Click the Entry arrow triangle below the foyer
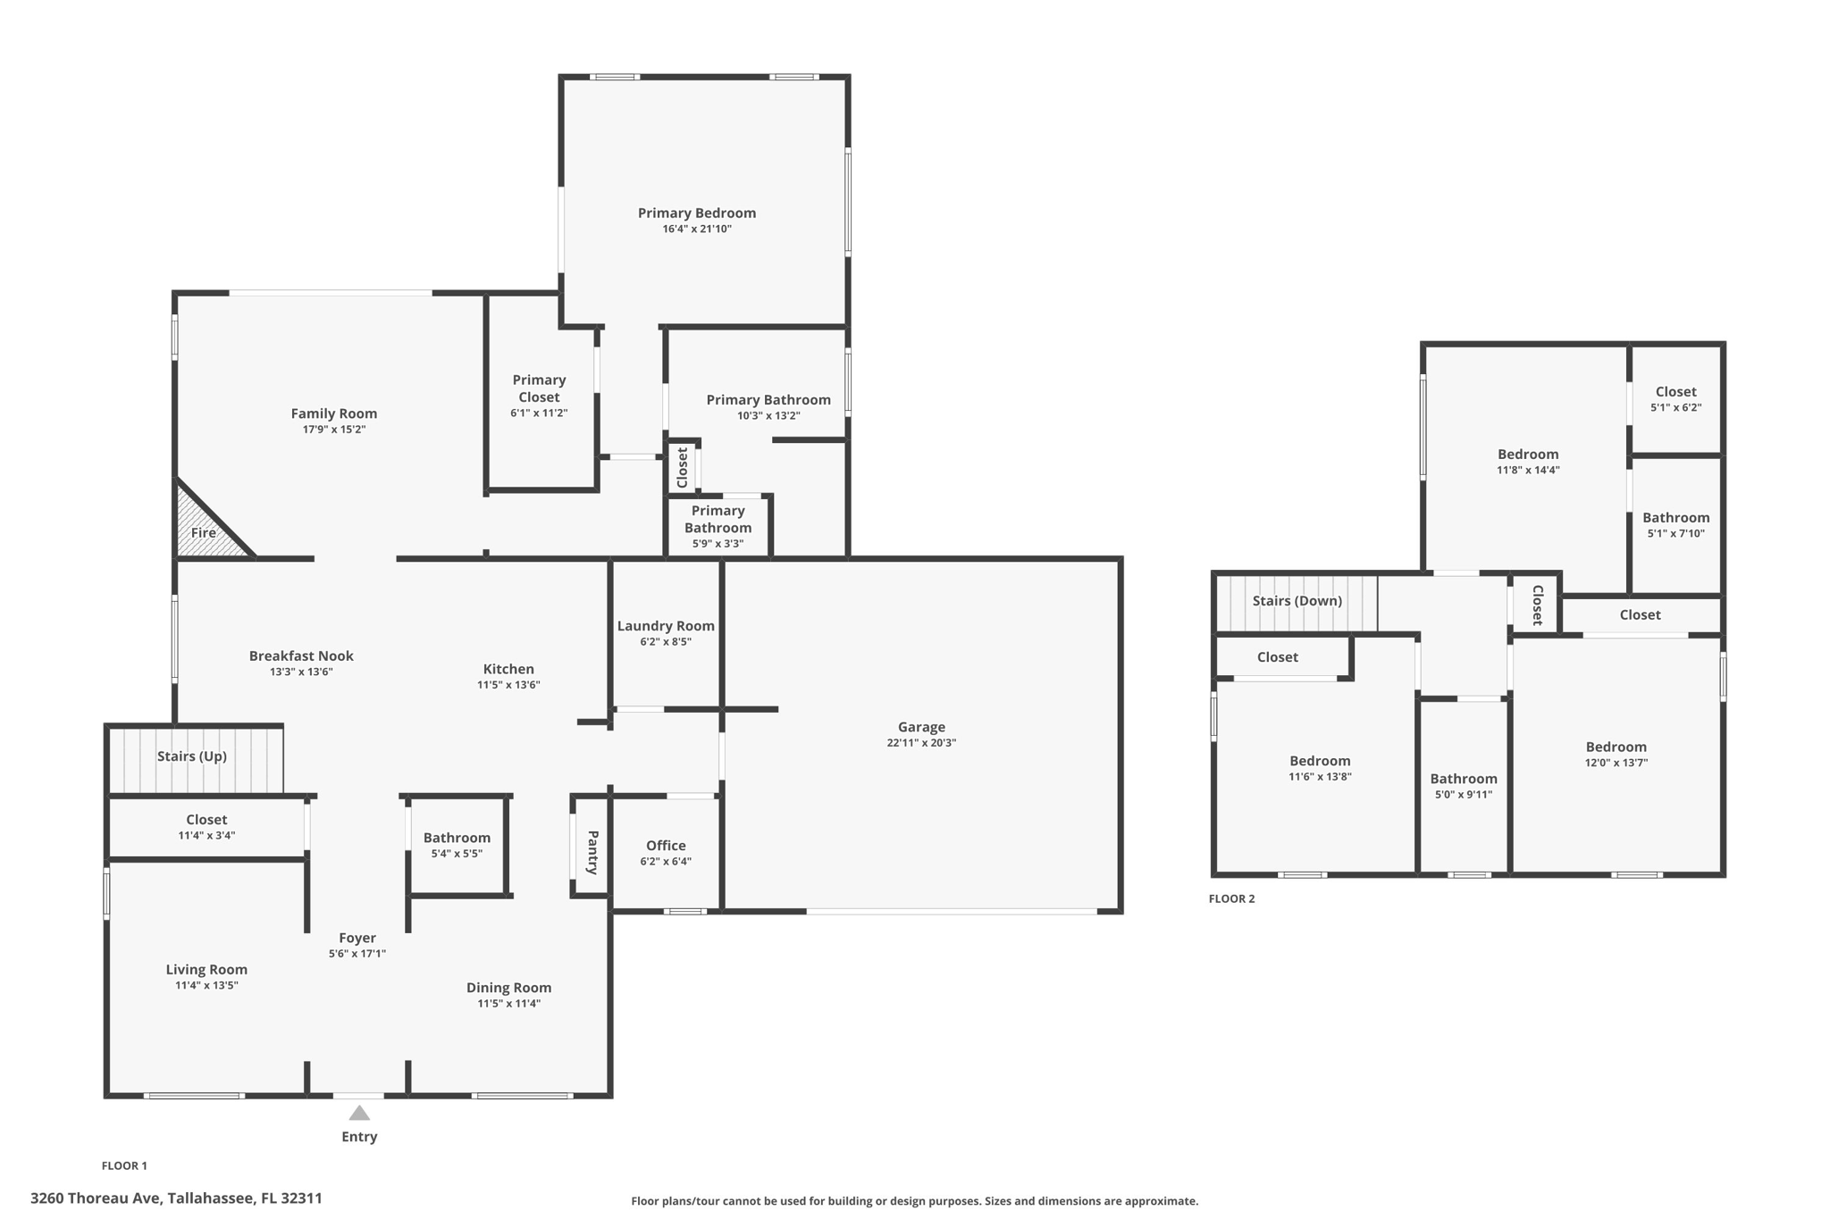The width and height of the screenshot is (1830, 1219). (359, 1113)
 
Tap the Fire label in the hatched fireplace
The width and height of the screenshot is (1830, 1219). (204, 533)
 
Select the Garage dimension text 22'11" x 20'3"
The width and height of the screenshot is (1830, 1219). (921, 743)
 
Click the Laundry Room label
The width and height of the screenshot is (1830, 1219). (666, 626)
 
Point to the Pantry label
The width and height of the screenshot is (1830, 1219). (592, 852)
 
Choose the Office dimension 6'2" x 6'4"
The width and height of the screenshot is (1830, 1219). (666, 862)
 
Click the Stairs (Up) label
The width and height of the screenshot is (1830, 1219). (192, 756)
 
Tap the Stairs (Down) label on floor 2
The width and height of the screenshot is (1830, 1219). (1297, 601)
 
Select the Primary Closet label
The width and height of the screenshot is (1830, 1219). (539, 388)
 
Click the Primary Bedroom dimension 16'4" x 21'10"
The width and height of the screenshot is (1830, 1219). (697, 230)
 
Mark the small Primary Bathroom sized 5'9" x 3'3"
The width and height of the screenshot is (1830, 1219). (718, 526)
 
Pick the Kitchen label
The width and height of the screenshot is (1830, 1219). (508, 669)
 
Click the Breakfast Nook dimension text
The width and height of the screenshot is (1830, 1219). (301, 672)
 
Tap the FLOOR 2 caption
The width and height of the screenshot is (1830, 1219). (1231, 899)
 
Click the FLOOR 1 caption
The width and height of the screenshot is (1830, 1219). (124, 1165)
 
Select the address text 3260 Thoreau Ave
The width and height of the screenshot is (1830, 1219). (176, 1198)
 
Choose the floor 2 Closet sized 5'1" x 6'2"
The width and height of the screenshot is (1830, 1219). (1675, 399)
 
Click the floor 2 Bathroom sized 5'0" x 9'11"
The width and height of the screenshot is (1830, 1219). (1463, 786)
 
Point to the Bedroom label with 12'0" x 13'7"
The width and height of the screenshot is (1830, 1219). (1616, 747)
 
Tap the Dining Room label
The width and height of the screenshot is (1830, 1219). (508, 988)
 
